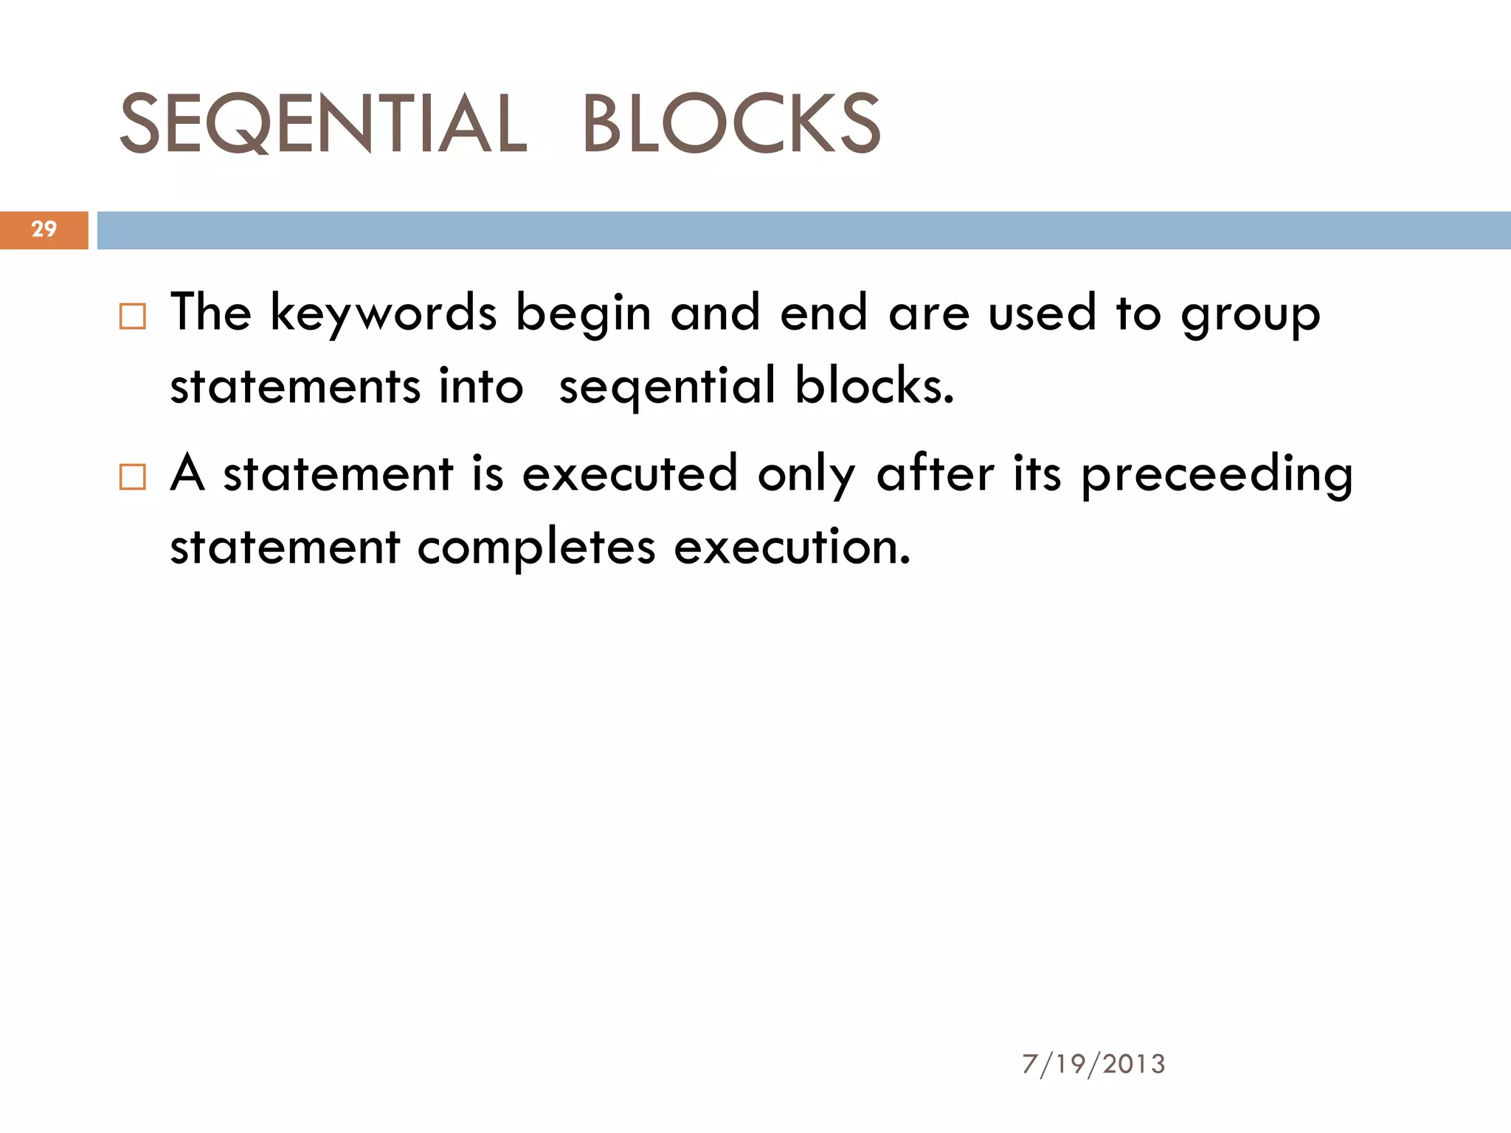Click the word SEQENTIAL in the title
click(323, 124)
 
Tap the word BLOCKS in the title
click(731, 124)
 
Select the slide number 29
click(44, 229)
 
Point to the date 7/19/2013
click(1093, 1064)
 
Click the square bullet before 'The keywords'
click(133, 316)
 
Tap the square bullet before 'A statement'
click(133, 477)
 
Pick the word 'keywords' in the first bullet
click(384, 313)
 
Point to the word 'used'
click(1042, 313)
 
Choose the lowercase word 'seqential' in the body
click(667, 387)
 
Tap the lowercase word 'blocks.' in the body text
click(874, 386)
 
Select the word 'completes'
click(536, 548)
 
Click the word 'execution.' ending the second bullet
click(792, 547)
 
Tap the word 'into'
click(480, 386)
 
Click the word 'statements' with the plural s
click(295, 386)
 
